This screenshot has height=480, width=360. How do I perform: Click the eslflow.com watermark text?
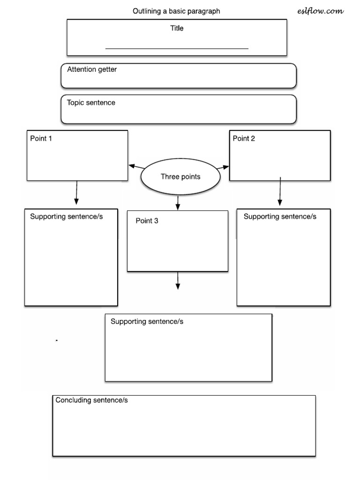(x=320, y=11)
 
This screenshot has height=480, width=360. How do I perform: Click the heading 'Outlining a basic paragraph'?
(x=176, y=11)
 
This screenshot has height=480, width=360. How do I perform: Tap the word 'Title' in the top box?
(x=177, y=28)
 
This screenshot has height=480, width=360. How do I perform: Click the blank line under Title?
(x=177, y=48)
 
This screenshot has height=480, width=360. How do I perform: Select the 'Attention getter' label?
(x=92, y=69)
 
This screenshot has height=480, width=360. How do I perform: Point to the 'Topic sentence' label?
(x=91, y=103)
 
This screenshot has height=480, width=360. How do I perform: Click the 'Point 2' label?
(x=244, y=138)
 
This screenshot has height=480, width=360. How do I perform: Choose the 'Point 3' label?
(x=147, y=221)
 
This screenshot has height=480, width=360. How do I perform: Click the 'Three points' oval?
(x=180, y=177)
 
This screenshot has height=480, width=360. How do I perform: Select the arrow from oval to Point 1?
(x=136, y=167)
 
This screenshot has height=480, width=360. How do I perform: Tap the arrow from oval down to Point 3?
(x=178, y=203)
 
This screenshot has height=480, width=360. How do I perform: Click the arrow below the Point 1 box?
(x=76, y=193)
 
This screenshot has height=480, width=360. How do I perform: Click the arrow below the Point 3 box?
(x=178, y=281)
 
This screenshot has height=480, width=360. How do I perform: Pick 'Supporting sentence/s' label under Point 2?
(x=280, y=216)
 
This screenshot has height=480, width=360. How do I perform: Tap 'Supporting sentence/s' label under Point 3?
(x=147, y=322)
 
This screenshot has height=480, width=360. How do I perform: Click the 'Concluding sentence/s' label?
(x=91, y=400)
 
